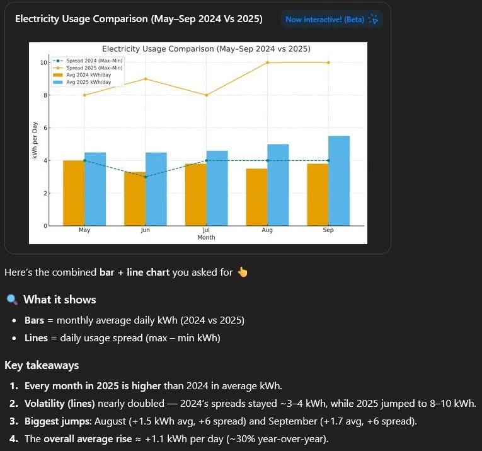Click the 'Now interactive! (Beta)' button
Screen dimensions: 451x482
(331, 20)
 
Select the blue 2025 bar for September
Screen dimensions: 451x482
(338, 181)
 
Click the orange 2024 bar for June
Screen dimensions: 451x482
(135, 199)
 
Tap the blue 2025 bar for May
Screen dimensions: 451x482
(95, 189)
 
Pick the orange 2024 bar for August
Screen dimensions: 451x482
(257, 197)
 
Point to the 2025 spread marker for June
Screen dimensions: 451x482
(146, 79)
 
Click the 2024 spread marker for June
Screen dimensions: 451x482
(146, 177)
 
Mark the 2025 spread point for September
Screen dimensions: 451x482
(328, 62)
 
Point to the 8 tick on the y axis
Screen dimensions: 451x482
(43, 95)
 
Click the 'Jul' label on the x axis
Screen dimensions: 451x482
(207, 230)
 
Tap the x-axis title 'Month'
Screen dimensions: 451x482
(206, 238)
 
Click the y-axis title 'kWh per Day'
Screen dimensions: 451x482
(35, 141)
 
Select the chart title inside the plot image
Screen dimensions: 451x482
(206, 49)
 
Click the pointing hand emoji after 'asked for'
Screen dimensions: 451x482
(243, 272)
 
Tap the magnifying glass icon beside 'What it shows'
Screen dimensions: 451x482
(11, 300)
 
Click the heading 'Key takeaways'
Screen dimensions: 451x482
(42, 365)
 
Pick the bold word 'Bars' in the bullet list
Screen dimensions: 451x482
(35, 320)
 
